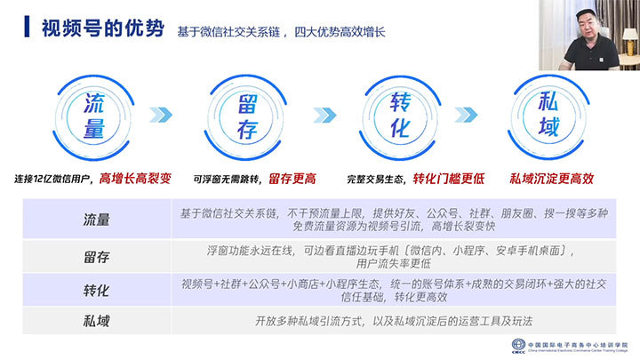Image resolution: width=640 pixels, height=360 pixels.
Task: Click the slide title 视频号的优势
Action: [103, 28]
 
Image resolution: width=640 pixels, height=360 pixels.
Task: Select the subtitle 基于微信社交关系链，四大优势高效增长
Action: [281, 32]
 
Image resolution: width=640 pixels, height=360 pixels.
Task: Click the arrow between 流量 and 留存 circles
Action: [161, 115]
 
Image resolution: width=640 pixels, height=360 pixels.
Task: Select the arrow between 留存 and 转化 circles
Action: [325, 115]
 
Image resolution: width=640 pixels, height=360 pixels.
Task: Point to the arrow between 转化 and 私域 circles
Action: [466, 115]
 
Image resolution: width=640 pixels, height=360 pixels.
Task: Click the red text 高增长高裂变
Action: [135, 179]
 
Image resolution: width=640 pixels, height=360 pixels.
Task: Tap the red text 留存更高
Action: [292, 179]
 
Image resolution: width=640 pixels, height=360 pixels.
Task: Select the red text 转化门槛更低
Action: [449, 179]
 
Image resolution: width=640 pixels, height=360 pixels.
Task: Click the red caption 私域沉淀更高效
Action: [551, 179]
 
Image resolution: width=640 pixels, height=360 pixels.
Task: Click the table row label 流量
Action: [96, 220]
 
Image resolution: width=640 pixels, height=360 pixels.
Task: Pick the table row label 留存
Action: [96, 257]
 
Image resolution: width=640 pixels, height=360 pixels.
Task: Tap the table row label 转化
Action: [96, 291]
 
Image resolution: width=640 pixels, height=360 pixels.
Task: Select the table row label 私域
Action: [96, 321]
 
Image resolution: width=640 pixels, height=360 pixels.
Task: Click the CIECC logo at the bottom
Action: [518, 346]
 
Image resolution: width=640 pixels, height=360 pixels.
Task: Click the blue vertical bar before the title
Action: [27, 27]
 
